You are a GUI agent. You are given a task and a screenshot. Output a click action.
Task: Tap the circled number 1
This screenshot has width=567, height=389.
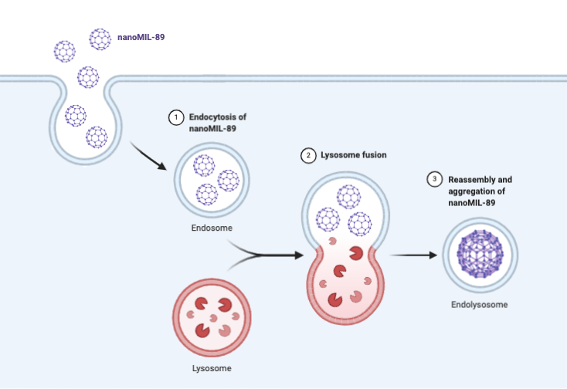click(176, 117)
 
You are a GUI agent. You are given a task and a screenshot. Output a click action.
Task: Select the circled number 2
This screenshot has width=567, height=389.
click(308, 155)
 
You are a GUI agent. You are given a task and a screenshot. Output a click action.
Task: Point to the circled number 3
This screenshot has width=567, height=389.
click(435, 180)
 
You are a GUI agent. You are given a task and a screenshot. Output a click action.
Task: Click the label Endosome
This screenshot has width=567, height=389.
click(211, 228)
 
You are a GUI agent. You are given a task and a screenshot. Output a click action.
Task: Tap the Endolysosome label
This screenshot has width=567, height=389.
click(479, 305)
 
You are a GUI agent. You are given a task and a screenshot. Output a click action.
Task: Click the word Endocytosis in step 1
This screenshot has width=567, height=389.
click(211, 117)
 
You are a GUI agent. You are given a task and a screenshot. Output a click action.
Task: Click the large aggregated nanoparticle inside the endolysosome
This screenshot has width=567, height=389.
click(480, 253)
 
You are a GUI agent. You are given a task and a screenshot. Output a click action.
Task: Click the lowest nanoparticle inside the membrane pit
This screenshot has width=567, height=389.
click(97, 137)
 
